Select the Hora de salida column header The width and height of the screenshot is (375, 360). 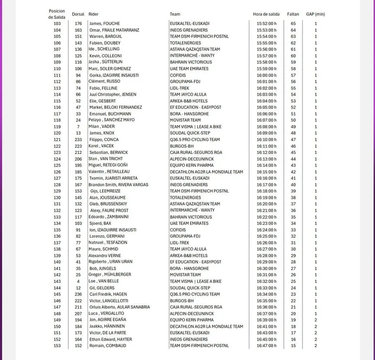click(266, 14)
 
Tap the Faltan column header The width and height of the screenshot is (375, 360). click(293, 14)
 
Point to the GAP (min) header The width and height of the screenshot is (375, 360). click(315, 14)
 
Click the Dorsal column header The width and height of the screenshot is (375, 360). click(78, 14)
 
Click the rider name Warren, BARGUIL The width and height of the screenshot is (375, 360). click(106, 36)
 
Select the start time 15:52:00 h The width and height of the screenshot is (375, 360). click(266, 23)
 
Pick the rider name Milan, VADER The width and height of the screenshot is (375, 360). click(102, 126)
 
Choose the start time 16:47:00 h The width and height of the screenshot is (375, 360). click(266, 345)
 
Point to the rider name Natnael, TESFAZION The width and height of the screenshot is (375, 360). click(108, 242)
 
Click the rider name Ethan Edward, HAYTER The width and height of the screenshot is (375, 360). click(110, 339)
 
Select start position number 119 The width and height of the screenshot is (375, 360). click(57, 126)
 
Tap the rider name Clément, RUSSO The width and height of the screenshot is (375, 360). click(105, 82)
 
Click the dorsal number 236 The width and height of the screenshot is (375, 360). click(78, 294)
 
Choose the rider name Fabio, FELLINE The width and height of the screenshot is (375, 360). click(103, 88)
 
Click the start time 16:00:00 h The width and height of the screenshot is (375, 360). click(266, 75)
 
